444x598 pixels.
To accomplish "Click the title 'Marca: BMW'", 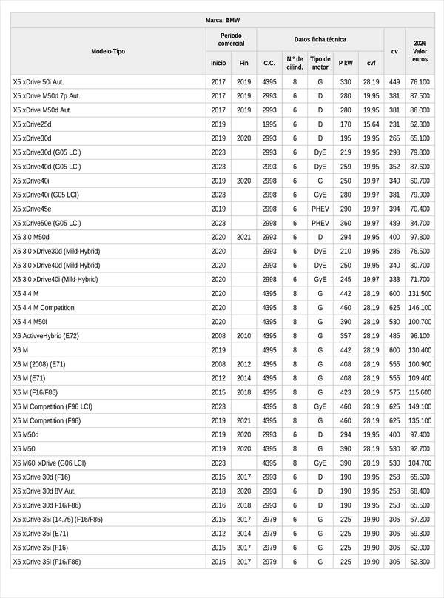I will [222, 21].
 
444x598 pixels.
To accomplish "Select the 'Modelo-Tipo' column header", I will [108, 51].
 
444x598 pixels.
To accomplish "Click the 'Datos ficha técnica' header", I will [320, 39].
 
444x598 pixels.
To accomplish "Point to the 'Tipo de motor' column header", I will [320, 63].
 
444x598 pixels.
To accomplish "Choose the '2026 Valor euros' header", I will [420, 51].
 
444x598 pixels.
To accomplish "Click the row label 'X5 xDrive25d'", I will [33, 124].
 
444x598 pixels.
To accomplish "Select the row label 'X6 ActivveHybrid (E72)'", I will [46, 336].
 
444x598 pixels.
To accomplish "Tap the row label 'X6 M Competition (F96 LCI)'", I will [53, 406].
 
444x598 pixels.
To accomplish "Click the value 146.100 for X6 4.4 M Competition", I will [420, 308].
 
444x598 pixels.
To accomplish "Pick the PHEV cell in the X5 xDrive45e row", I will [320, 209].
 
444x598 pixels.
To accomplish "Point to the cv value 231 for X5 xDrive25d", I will [394, 124].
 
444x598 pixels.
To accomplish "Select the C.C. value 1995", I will [269, 124].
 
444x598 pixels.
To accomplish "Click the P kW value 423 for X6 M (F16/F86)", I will [346, 392].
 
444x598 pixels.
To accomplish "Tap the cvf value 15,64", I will [371, 124].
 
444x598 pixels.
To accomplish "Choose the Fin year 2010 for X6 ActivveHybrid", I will [244, 336].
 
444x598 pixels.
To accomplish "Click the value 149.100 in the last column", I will [420, 406].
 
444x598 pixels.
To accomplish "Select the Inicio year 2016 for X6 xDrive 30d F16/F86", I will [218, 505].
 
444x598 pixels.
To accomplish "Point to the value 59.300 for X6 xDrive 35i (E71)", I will [420, 534].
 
